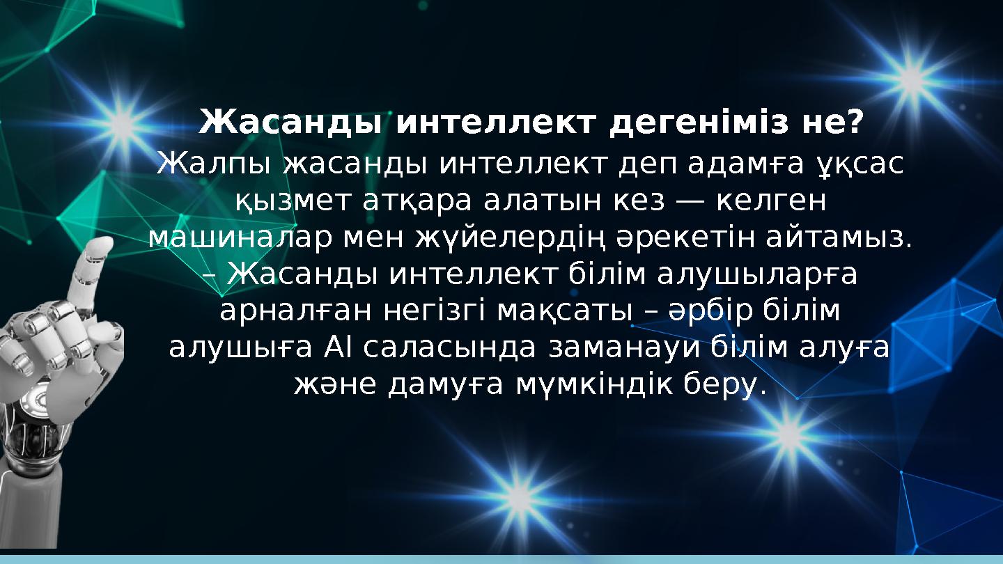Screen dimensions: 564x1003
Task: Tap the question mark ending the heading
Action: [855, 123]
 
